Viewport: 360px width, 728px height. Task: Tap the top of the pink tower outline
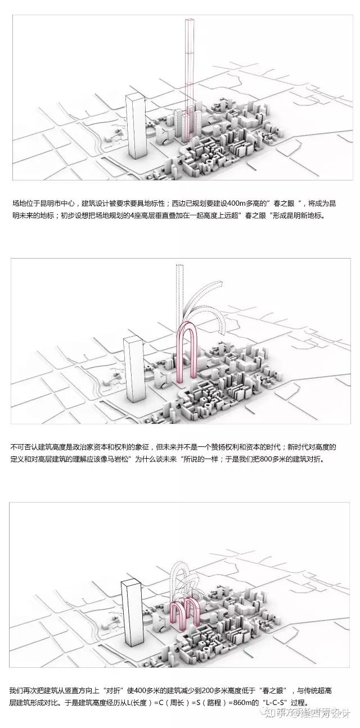[190, 21]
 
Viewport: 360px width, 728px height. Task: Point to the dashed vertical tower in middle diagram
[181, 292]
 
